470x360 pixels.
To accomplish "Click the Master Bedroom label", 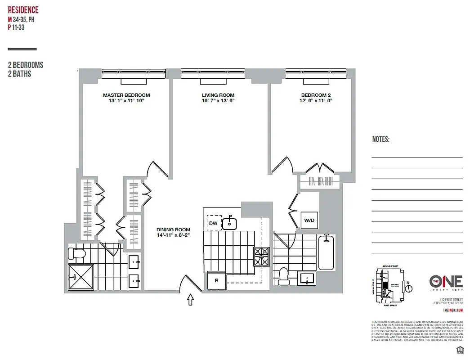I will click(126, 95).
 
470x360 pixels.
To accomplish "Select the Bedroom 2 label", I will click(316, 95).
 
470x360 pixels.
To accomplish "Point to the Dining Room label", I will click(173, 229).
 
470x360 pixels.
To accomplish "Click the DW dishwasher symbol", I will click(213, 223).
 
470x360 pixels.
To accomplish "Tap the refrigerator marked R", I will click(216, 281).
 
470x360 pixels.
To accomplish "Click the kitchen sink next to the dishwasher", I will click(230, 223).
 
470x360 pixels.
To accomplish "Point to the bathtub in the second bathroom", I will click(326, 252).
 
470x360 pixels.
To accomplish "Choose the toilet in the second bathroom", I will click(283, 276).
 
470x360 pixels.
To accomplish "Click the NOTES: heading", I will click(380, 139).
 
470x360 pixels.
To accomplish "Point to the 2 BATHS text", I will click(20, 74).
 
